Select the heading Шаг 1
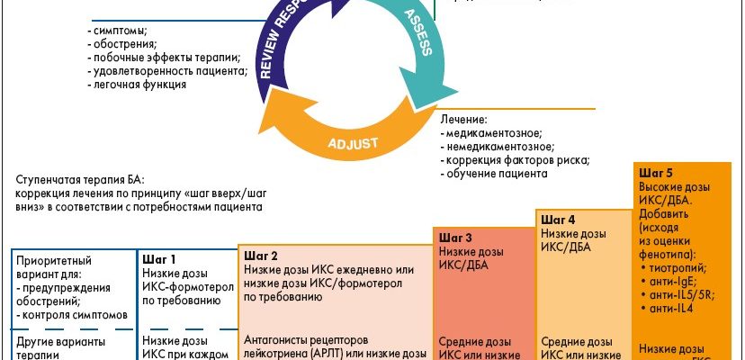click(x=160, y=259)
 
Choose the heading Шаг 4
click(x=558, y=220)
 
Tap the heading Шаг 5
click(x=656, y=171)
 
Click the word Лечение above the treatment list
click(x=464, y=119)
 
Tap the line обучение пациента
click(x=496, y=174)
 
